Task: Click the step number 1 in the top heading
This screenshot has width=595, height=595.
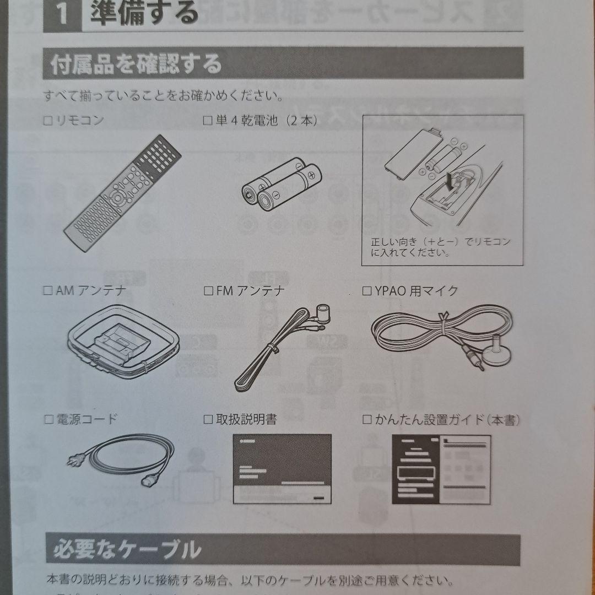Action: (62, 14)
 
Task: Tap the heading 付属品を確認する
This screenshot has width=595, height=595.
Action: (136, 64)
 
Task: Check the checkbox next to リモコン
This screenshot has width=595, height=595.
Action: (48, 121)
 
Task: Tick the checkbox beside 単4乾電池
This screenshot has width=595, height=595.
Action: (208, 121)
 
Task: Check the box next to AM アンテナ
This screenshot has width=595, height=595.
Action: (48, 291)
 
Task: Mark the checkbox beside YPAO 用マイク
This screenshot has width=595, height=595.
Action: (367, 291)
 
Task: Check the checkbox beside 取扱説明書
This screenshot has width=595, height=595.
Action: (208, 419)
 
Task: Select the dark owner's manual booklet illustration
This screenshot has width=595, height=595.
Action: (282, 469)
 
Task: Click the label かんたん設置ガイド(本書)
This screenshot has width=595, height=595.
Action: (447, 419)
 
